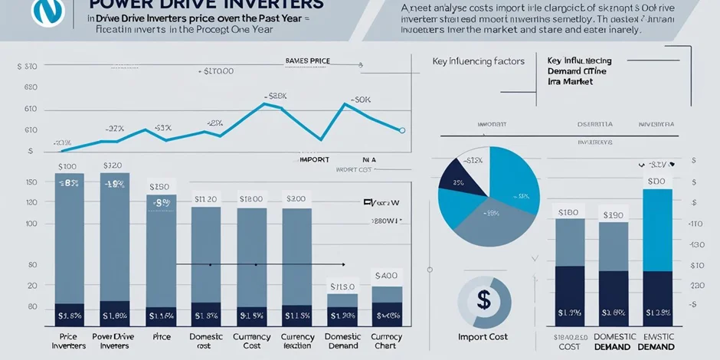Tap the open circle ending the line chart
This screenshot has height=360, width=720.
(x=402, y=130)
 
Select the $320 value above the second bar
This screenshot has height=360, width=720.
(x=113, y=165)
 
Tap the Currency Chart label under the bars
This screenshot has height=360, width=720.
(x=386, y=342)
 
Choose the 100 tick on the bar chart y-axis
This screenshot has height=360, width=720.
(x=31, y=224)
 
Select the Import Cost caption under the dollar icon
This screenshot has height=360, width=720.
(x=483, y=337)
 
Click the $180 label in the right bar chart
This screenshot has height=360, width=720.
(x=568, y=212)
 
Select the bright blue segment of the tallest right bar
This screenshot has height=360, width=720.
(x=658, y=230)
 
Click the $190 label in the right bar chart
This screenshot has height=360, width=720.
(x=613, y=216)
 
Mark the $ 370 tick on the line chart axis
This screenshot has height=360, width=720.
(x=26, y=67)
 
